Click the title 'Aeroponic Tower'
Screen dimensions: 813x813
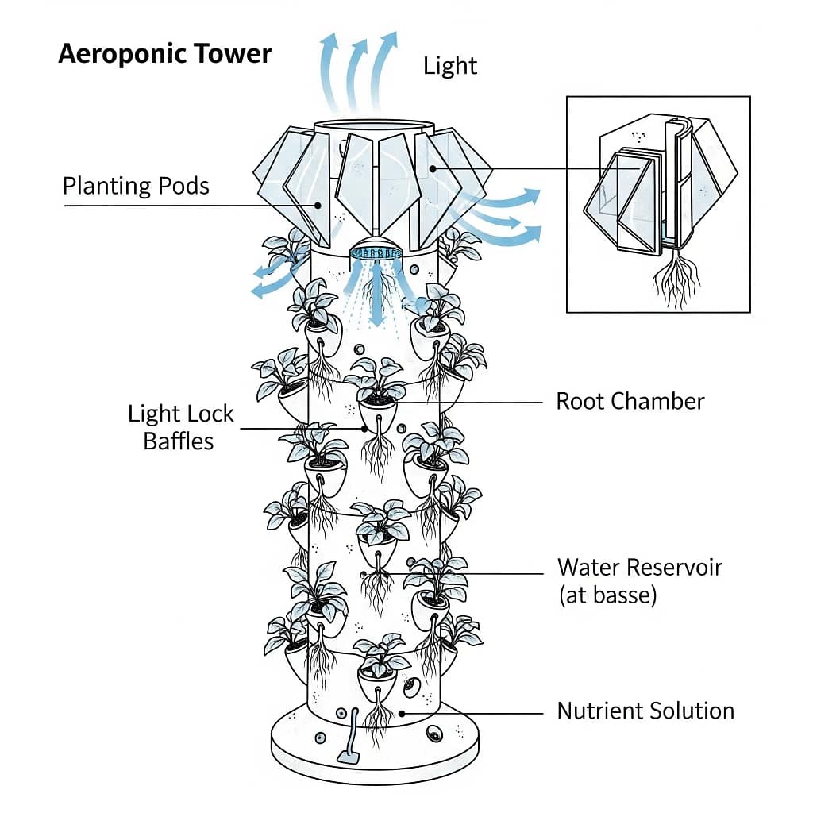click(x=165, y=54)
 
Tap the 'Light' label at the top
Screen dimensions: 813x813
click(x=450, y=65)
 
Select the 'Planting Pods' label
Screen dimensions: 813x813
click(x=136, y=186)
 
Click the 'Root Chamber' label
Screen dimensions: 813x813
click(x=630, y=401)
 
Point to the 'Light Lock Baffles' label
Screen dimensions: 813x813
click(x=181, y=426)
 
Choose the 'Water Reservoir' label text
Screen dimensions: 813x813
click(x=639, y=568)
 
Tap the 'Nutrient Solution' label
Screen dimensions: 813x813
click(x=645, y=711)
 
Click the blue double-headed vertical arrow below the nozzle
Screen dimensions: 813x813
click(x=377, y=302)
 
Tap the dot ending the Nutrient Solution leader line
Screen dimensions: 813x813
click(x=403, y=712)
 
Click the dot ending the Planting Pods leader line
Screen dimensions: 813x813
click(x=318, y=205)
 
